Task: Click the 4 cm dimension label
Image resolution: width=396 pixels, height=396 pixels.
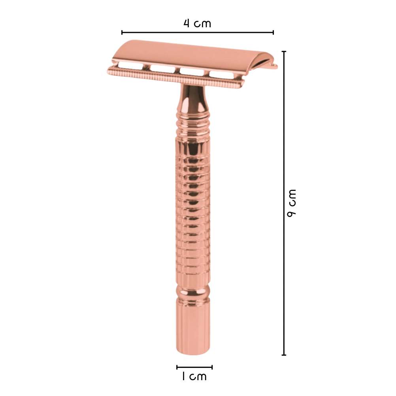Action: [x=197, y=23]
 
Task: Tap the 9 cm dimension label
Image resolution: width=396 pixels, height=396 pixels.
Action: [x=291, y=203]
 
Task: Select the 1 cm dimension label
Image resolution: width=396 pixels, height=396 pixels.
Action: [x=194, y=376]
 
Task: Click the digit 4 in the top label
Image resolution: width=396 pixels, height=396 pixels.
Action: [x=187, y=23]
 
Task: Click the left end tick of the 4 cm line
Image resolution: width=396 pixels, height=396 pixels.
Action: [x=122, y=32]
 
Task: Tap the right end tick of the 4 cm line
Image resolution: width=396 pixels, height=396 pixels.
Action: [x=273, y=32]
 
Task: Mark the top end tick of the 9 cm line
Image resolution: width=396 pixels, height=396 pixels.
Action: [x=284, y=51]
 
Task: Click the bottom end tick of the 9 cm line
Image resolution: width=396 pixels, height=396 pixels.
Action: [x=284, y=355]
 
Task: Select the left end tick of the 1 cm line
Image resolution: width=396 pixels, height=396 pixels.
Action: [x=177, y=367]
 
